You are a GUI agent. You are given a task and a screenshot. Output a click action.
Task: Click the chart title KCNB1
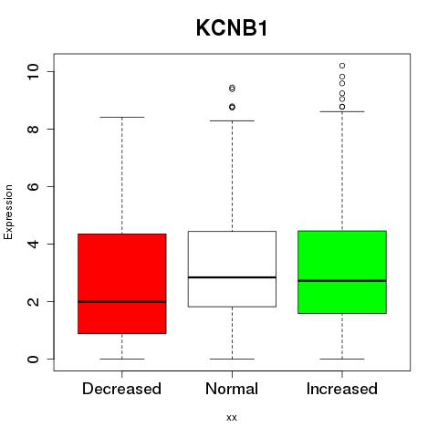(x=232, y=28)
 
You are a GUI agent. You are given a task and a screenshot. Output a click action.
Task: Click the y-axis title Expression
(x=8, y=212)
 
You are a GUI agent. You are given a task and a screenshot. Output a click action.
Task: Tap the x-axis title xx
(x=232, y=417)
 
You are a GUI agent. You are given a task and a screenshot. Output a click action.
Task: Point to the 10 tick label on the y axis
(x=33, y=72)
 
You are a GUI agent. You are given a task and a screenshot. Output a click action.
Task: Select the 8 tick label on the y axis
(x=33, y=129)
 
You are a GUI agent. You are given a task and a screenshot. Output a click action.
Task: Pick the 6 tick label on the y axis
(x=33, y=186)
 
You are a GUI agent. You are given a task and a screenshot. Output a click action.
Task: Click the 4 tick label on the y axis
(x=33, y=244)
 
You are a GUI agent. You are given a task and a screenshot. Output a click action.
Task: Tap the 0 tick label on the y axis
(x=33, y=359)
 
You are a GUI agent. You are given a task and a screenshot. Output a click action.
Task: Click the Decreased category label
(x=121, y=389)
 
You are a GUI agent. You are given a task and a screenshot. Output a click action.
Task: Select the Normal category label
(x=232, y=389)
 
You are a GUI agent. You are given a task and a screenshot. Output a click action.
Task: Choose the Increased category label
(x=342, y=389)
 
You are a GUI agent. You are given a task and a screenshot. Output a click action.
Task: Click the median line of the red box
(x=122, y=302)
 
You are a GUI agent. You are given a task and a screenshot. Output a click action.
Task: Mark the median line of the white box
(x=232, y=277)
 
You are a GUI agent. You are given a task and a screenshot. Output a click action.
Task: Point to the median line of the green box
(x=342, y=281)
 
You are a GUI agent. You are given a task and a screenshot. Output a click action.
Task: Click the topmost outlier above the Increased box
(x=342, y=66)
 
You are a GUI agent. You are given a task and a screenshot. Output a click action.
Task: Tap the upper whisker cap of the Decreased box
(x=122, y=117)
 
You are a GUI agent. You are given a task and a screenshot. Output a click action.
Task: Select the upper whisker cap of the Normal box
(x=232, y=120)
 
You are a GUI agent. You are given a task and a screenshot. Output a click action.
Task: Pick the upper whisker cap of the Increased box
(x=342, y=111)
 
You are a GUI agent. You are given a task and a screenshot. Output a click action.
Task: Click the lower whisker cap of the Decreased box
(x=122, y=359)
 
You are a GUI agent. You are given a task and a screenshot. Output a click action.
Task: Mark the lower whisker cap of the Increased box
(x=342, y=359)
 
